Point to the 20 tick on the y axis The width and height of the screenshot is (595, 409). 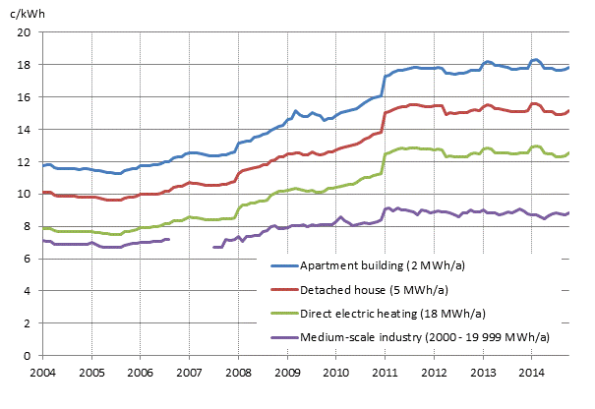point(28,32)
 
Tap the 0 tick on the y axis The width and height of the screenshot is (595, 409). point(30,355)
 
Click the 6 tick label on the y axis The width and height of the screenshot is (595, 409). point(30,259)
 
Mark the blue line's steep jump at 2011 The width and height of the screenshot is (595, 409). point(385,86)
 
